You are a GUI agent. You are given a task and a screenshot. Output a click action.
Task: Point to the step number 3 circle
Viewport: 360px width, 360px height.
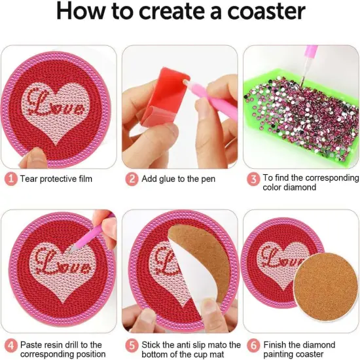click(252, 178)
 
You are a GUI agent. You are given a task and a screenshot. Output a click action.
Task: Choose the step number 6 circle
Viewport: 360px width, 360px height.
click(252, 345)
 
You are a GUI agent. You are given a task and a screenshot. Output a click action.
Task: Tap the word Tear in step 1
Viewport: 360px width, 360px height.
click(30, 178)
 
